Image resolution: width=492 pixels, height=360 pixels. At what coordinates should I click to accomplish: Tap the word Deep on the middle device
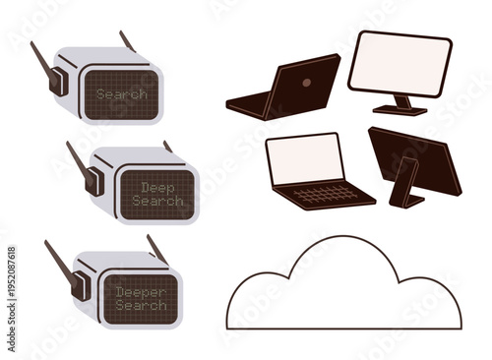pos(156,186)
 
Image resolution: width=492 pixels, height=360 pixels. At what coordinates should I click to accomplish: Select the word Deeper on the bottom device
pos(141,292)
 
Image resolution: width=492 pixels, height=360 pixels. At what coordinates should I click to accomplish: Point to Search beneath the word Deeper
pos(141,306)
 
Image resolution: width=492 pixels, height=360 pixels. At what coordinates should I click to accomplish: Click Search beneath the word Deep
pos(156,201)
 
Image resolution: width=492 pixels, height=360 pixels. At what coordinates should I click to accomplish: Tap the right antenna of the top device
pos(128,40)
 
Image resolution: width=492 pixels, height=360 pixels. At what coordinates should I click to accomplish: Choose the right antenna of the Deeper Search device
pos(156,247)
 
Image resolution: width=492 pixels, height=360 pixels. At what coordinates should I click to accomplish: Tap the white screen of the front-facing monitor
pos(400,65)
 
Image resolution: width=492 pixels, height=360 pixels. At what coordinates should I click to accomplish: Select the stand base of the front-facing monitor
pos(399,110)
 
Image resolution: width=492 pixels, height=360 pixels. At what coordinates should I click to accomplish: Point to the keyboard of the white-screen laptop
pos(325,193)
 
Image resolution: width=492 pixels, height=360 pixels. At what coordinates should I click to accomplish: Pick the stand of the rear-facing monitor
pos(405,185)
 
